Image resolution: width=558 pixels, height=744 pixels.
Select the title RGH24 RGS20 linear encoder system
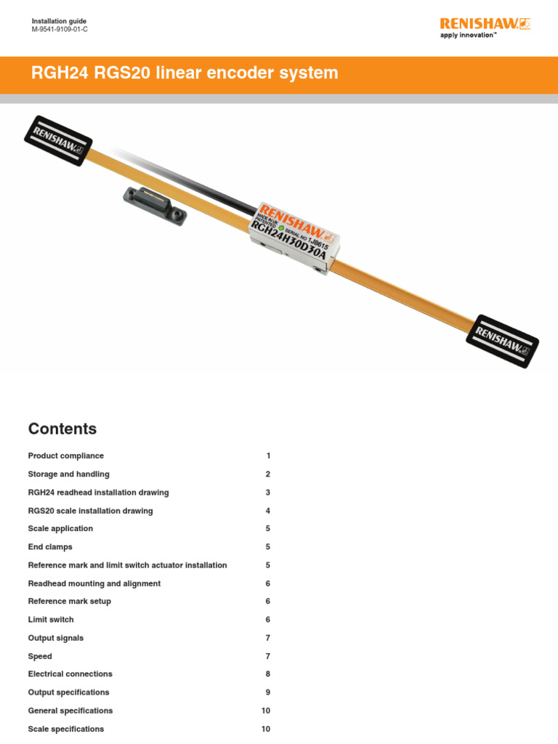(x=185, y=73)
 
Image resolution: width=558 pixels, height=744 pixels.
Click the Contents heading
(x=62, y=429)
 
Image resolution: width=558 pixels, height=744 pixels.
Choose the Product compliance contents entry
(x=66, y=456)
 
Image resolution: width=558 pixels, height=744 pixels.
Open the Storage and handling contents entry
(x=69, y=474)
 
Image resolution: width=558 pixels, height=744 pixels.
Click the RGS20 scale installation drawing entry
(x=91, y=511)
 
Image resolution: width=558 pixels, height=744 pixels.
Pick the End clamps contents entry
(x=50, y=547)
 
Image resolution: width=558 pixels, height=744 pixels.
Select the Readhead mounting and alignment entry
(x=94, y=583)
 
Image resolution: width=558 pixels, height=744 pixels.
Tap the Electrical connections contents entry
(x=70, y=674)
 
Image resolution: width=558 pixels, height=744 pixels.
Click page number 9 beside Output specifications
(x=267, y=692)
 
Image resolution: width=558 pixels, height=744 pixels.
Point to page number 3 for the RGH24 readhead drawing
(x=267, y=493)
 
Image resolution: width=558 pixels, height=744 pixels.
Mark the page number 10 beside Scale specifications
(x=265, y=729)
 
